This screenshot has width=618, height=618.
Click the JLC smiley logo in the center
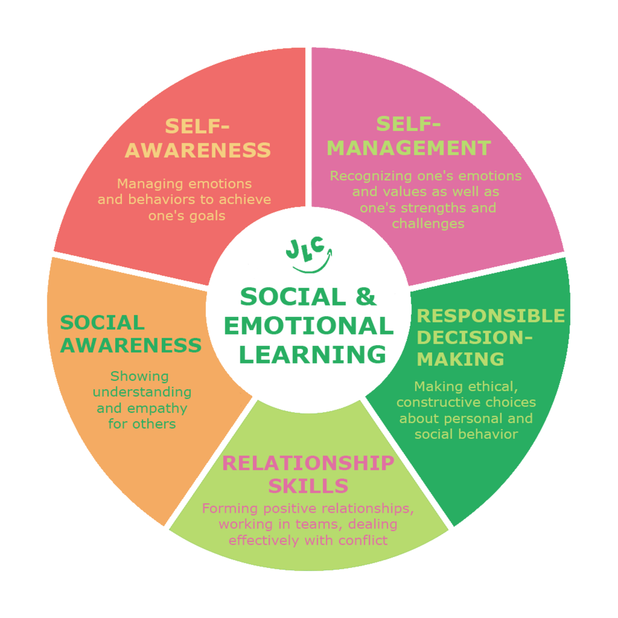(309, 254)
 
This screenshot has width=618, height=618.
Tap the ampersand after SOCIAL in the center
(365, 296)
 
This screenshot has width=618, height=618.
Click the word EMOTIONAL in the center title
(309, 326)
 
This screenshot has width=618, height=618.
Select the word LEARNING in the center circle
(312, 355)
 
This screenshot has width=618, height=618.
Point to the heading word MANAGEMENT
(409, 148)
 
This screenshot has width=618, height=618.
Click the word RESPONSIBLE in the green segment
(490, 316)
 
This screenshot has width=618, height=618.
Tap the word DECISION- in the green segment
(474, 337)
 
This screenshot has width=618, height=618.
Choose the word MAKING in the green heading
(460, 359)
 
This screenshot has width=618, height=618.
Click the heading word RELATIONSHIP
(308, 463)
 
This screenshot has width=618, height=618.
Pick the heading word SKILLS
(308, 486)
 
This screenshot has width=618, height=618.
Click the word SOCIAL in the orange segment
(102, 323)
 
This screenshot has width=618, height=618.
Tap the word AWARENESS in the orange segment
(130, 345)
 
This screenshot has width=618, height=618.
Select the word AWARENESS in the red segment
(198, 150)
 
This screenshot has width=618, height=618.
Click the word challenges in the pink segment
(428, 224)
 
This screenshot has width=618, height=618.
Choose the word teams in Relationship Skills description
(319, 524)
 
